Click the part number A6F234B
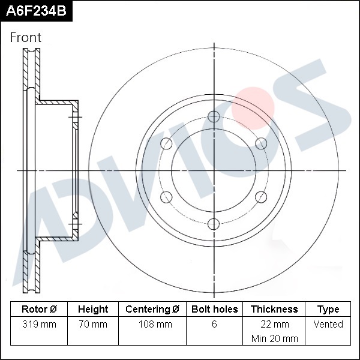coord(36,11)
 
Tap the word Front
coord(26,37)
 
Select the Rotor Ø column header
coord(39,309)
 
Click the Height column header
coord(93,309)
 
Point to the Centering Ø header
coord(152,309)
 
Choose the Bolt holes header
coord(214,309)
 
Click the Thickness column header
coord(274,309)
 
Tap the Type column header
coord(328,310)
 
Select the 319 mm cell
coord(39,324)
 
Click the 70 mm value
coord(93,324)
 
